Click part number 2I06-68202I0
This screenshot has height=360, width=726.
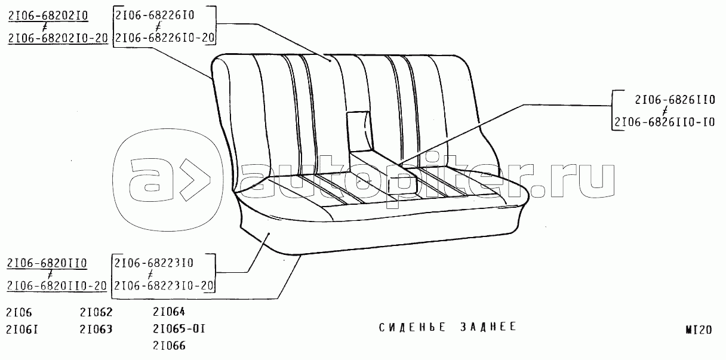[48, 16]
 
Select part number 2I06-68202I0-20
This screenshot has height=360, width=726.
[58, 39]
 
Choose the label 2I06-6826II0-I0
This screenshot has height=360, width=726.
[664, 123]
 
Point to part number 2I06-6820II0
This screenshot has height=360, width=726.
[48, 263]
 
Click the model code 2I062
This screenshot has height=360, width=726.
[96, 312]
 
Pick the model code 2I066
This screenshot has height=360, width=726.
[169, 346]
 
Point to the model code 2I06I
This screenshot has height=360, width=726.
[21, 329]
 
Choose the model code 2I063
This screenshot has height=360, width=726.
[96, 329]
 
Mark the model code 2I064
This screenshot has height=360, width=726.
[169, 312]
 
